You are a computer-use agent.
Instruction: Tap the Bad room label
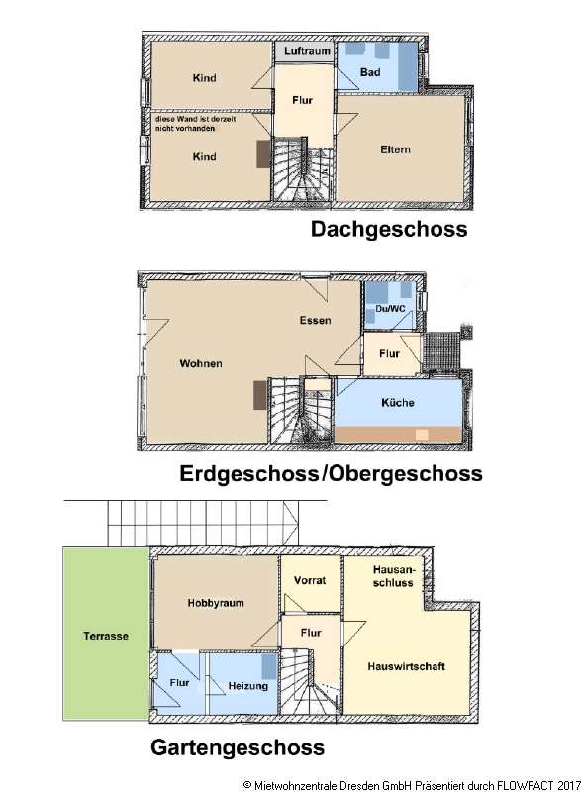(370, 72)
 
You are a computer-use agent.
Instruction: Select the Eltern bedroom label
(395, 150)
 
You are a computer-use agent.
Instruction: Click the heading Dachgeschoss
(389, 231)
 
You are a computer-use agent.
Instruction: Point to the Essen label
(316, 321)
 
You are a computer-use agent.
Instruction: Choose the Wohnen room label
(201, 363)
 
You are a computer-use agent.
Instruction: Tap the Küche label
(397, 403)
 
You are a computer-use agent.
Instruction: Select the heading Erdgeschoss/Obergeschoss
(331, 474)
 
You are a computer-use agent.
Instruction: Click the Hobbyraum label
(215, 602)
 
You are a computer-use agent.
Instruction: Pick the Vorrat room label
(309, 581)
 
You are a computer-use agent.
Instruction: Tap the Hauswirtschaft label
(406, 666)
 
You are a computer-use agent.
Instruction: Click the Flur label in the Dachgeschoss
(304, 100)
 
